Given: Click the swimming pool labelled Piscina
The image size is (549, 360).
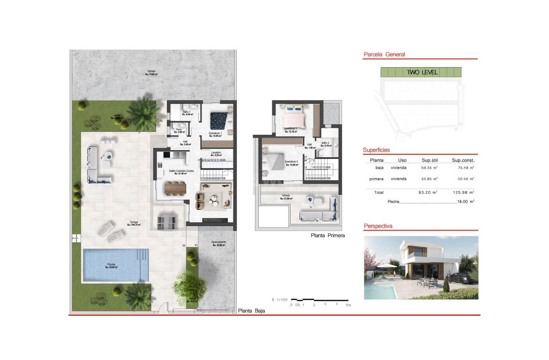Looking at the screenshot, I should tap(116, 265).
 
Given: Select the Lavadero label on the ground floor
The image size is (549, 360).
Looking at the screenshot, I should tap(215, 153).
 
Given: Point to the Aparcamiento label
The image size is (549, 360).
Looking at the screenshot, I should tap(218, 243).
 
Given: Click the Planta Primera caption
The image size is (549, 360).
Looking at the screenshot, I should tap(328, 235).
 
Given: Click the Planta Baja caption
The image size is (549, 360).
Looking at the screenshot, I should tap(251, 311).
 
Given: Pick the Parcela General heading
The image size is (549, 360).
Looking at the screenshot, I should tap(384, 54).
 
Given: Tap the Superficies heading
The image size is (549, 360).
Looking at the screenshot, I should tap(376, 150).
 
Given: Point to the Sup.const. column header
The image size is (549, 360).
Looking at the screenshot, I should tap(463, 160).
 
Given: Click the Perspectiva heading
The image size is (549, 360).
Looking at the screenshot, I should tap(378, 226).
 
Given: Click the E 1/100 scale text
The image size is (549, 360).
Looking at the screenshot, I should tap(279, 300).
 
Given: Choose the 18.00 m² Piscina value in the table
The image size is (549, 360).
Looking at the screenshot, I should tap(466, 201).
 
